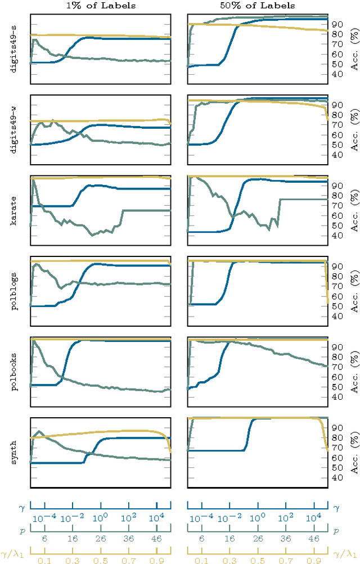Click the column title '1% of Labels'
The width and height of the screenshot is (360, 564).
click(100, 6)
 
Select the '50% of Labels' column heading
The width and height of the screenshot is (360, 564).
click(257, 6)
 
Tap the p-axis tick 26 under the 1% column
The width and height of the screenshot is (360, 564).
click(100, 539)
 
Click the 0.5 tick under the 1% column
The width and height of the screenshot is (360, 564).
click(100, 560)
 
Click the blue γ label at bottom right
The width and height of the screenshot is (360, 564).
click(336, 507)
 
